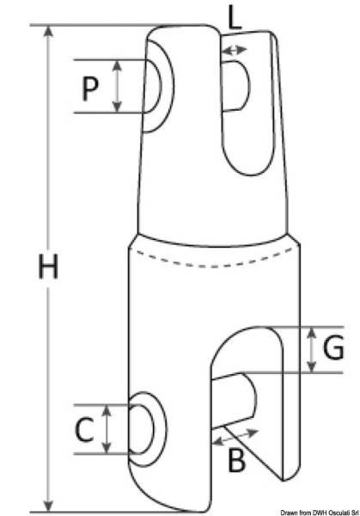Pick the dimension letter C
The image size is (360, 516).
[82, 429]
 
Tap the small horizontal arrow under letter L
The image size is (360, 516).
[234, 52]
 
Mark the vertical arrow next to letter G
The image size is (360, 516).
[310, 350]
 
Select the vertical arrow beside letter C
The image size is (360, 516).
[107, 429]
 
